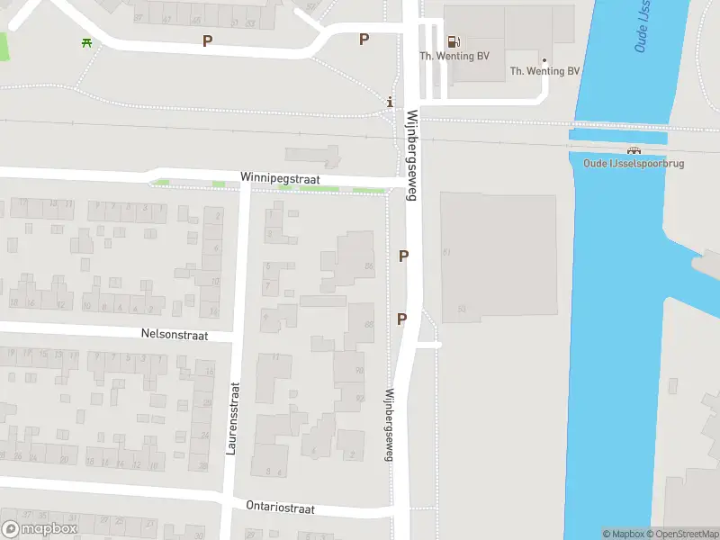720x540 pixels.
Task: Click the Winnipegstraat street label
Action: point(281,179)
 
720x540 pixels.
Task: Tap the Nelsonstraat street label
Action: point(175,335)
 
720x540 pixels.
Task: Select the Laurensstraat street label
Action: point(232,418)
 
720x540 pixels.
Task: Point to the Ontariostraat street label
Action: point(280,508)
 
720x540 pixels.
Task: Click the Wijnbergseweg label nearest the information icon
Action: point(412,155)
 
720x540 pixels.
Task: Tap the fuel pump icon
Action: point(454,40)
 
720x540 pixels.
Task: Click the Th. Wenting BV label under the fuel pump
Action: point(454,56)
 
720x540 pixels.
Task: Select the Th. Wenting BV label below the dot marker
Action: point(544,71)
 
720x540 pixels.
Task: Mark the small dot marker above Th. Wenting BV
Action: point(544,60)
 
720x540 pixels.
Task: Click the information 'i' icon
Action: point(389,102)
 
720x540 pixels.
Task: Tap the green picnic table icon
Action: point(86,41)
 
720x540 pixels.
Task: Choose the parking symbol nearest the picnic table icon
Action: point(208,40)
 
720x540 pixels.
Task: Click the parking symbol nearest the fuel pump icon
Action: point(364,39)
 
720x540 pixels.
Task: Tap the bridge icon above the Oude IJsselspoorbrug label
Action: point(634,150)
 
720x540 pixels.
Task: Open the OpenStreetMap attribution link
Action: point(681,534)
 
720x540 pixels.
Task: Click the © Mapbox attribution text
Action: point(622,534)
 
